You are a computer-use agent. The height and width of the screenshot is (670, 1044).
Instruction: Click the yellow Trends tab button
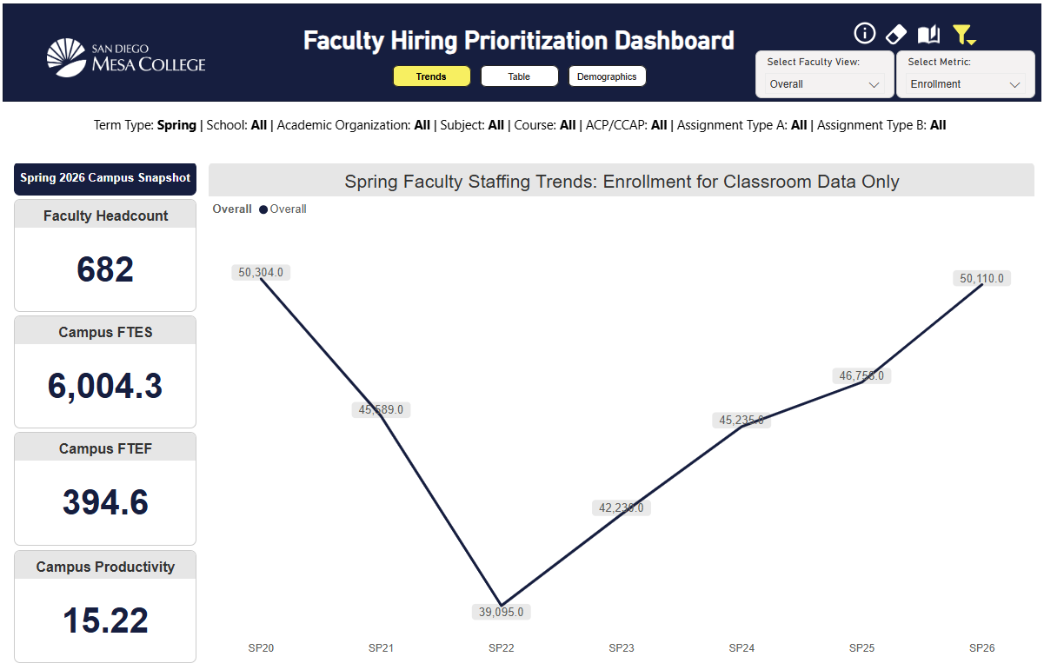(431, 76)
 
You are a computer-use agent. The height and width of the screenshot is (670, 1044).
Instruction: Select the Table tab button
(519, 76)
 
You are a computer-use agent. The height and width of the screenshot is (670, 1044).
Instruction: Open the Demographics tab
(607, 76)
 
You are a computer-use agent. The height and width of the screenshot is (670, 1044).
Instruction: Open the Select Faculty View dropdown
(824, 84)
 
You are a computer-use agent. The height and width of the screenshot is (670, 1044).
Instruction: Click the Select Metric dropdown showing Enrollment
(964, 84)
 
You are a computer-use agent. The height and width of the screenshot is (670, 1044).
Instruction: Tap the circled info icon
(864, 34)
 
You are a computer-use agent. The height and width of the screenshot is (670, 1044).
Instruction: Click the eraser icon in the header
(895, 34)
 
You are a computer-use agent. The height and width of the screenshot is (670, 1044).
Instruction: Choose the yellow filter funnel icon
(963, 35)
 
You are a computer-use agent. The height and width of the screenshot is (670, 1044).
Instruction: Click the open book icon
(928, 35)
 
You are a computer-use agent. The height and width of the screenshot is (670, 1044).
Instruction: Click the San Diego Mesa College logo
(126, 56)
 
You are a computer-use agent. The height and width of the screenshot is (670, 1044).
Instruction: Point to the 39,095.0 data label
(502, 612)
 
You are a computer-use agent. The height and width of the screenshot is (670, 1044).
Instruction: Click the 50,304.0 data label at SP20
(261, 272)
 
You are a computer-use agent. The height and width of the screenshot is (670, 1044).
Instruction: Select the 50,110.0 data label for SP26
(981, 278)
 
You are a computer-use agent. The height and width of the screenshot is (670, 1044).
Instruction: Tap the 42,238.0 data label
(621, 507)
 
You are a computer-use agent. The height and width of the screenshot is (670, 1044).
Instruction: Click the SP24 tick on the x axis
(741, 647)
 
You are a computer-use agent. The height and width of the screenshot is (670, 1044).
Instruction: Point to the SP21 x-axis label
(381, 647)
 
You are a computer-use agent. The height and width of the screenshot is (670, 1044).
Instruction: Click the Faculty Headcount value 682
(105, 269)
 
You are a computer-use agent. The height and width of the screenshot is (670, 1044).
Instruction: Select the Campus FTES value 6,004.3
(105, 386)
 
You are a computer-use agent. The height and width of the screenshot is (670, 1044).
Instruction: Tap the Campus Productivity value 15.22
(105, 620)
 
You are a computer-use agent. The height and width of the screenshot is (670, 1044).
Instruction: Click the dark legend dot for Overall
(263, 209)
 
